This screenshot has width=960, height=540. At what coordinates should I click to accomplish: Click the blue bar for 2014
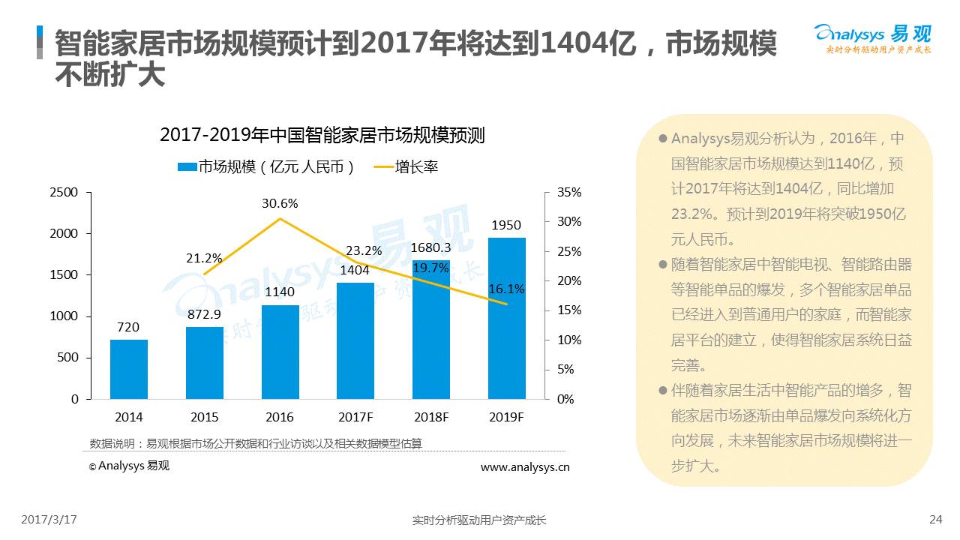coord(129,369)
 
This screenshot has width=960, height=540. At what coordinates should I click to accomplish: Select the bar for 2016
coord(280,352)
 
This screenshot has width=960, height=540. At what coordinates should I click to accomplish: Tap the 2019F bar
coord(506,318)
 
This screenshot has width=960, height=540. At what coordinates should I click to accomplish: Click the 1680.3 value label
coord(430,247)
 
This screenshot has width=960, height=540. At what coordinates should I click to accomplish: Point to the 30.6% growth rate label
coord(280,203)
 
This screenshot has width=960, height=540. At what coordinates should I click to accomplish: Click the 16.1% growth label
coord(506,289)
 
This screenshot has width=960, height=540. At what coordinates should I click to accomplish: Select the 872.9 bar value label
coord(204,313)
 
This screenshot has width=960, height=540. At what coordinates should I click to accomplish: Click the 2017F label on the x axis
coord(355,417)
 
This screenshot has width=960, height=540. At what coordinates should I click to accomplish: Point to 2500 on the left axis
coord(64,193)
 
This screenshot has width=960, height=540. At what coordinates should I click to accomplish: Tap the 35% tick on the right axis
coord(569,193)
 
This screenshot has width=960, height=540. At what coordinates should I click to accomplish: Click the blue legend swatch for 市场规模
coord(187,167)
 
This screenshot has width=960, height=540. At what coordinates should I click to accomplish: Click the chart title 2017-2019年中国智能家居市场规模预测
coord(322,136)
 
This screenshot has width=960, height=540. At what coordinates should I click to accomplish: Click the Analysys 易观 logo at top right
coord(872,37)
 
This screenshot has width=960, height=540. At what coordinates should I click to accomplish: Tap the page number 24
coord(935,519)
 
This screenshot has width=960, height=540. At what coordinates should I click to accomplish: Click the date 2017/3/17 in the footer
coord(49,519)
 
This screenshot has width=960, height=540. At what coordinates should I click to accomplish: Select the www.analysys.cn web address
coord(524,466)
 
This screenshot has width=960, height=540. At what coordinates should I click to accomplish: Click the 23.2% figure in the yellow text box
coord(691,214)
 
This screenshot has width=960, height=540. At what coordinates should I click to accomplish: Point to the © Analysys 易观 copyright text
coord(129,466)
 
